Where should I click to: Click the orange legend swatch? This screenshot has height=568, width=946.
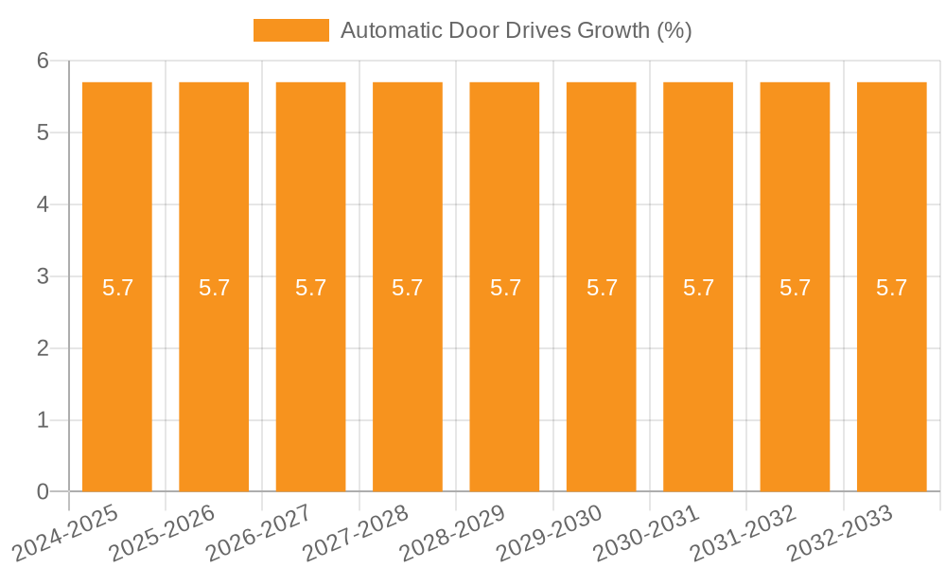[x=290, y=30]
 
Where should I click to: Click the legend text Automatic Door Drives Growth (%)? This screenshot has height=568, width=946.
[x=516, y=30]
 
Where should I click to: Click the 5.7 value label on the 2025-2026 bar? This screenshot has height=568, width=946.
[x=214, y=288]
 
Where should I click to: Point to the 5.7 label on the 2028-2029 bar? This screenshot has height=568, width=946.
[x=505, y=288]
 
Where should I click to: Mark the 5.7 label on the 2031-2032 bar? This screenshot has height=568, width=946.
[x=795, y=288]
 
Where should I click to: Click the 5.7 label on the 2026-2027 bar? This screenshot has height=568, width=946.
[x=310, y=288]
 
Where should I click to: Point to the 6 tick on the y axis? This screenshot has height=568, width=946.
[x=44, y=61]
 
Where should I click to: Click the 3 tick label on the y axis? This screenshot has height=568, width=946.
[x=44, y=276]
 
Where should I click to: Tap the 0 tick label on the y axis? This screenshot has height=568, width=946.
[x=44, y=491]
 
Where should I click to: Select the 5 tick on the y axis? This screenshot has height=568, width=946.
[x=44, y=133]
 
